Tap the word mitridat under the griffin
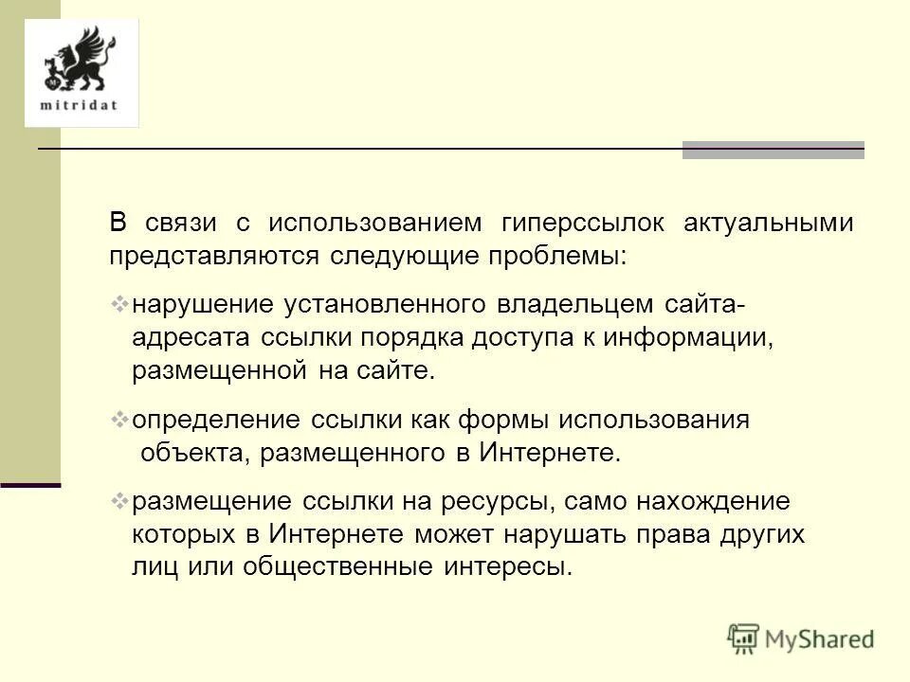[80, 104]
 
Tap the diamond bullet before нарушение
[119, 304]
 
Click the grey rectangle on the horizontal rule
[773, 150]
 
